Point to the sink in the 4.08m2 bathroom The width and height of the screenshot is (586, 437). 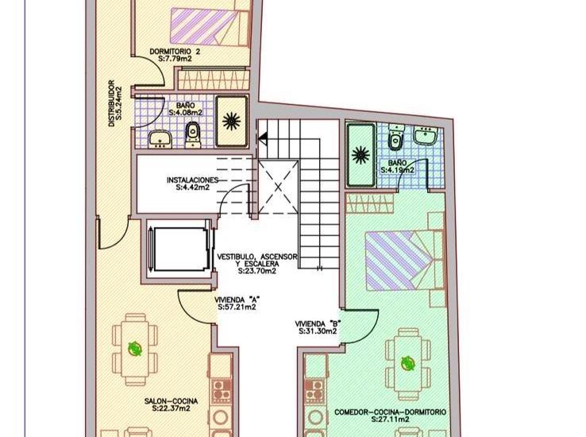(x=160, y=138)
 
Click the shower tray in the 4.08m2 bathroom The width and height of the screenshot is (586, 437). (x=233, y=122)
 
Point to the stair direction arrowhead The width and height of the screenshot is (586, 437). (x=263, y=138)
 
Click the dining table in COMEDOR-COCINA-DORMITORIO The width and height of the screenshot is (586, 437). (x=407, y=363)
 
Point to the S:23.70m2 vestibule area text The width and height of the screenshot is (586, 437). (x=256, y=271)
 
